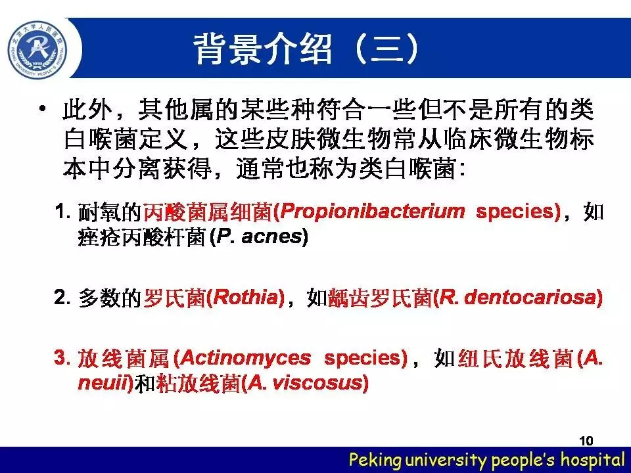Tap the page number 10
pyautogui.click(x=586, y=441)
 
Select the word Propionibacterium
pyautogui.click(x=372, y=212)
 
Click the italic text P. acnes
pyautogui.click(x=259, y=236)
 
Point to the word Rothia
pyautogui.click(x=245, y=298)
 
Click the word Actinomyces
pyautogui.click(x=245, y=358)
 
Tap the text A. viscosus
pyautogui.click(x=305, y=382)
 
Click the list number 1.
pyautogui.click(x=62, y=211)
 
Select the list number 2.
pyautogui.click(x=62, y=297)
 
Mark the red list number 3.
pyautogui.click(x=62, y=357)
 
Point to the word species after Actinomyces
pyautogui.click(x=363, y=359)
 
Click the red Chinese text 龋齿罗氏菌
pyautogui.click(x=381, y=298)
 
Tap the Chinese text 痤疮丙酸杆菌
pyautogui.click(x=142, y=236)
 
